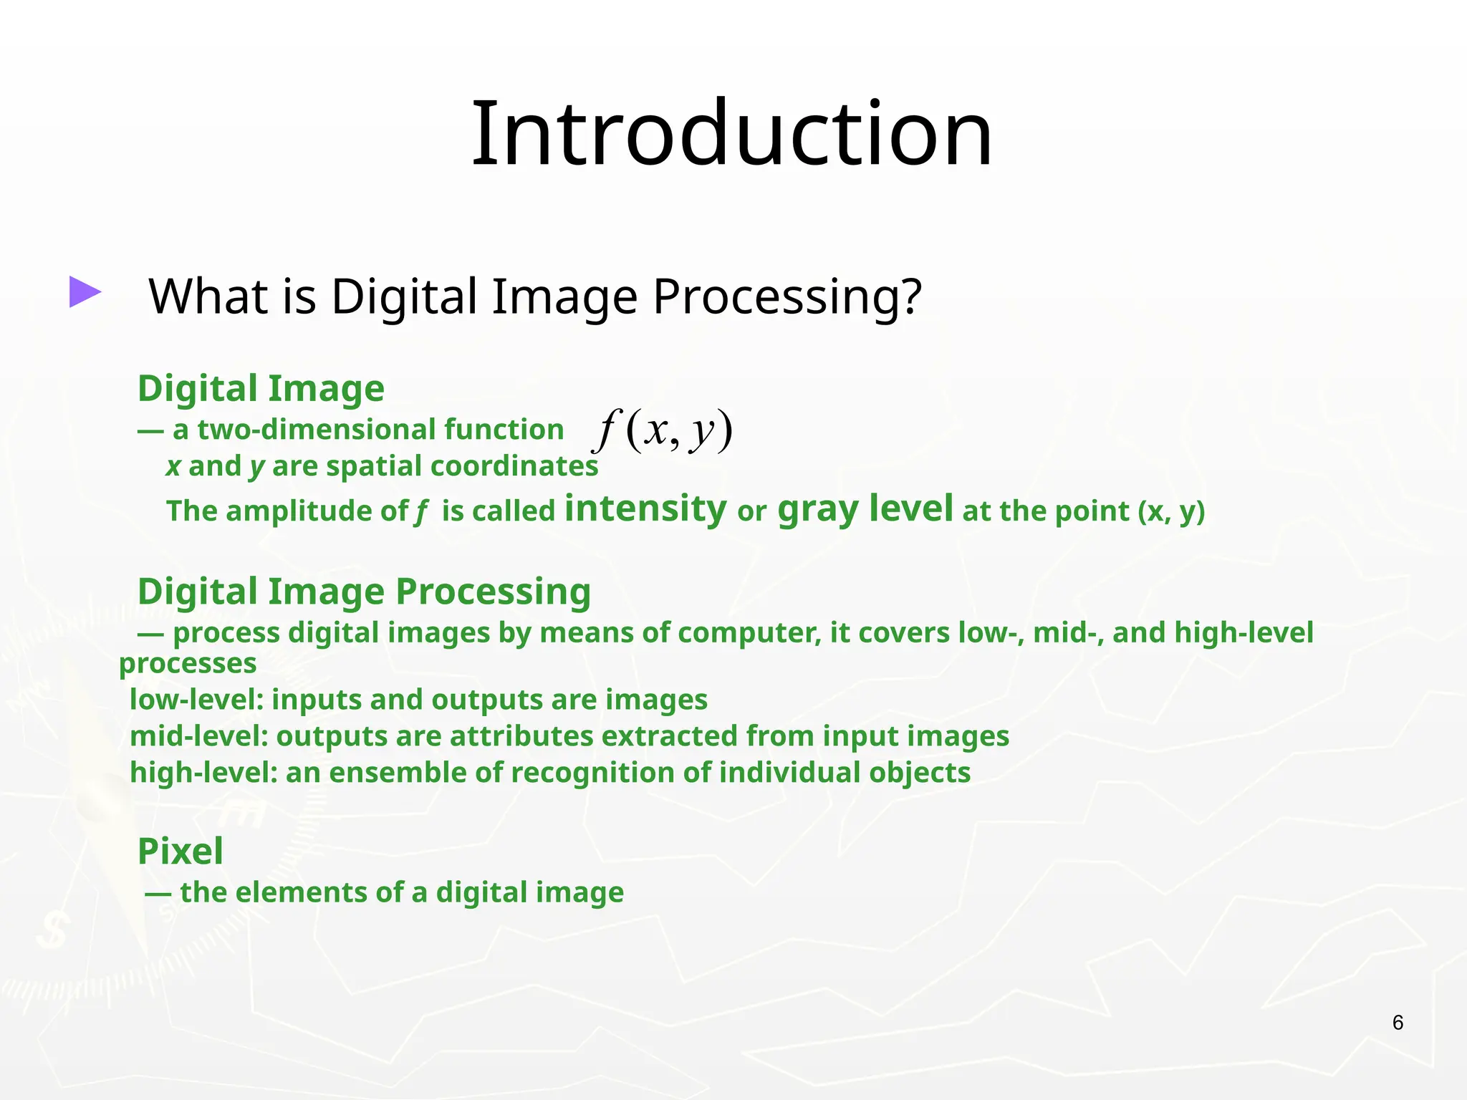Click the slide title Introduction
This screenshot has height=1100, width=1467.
click(731, 134)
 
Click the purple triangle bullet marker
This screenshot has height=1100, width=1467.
click(85, 292)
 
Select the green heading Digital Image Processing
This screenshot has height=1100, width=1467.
click(364, 592)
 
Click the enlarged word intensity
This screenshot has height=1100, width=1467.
click(645, 508)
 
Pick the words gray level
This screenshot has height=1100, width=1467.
click(865, 508)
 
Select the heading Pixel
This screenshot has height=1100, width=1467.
click(181, 851)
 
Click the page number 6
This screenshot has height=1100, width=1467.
click(1398, 1023)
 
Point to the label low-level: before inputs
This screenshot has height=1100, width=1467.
click(196, 700)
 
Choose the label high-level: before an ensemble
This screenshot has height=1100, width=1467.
click(203, 773)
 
